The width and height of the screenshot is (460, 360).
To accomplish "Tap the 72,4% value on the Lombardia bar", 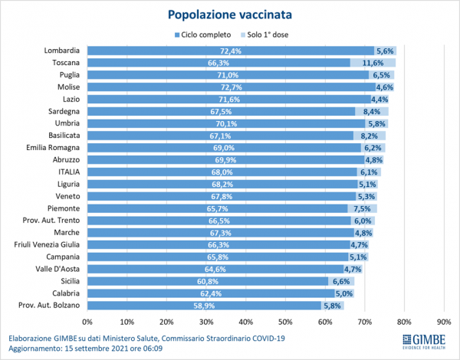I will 231,51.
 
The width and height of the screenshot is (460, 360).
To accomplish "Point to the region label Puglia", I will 72,75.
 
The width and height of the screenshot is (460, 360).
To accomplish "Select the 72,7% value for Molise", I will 232,87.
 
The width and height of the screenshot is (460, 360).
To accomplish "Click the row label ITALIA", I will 69,172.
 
